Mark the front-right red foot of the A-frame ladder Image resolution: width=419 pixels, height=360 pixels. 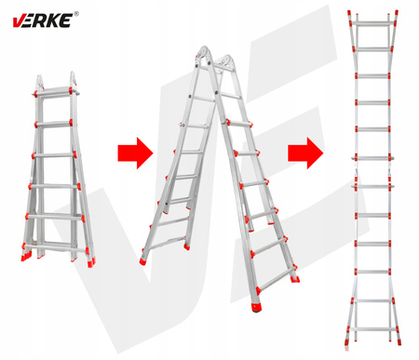click(256, 308)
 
